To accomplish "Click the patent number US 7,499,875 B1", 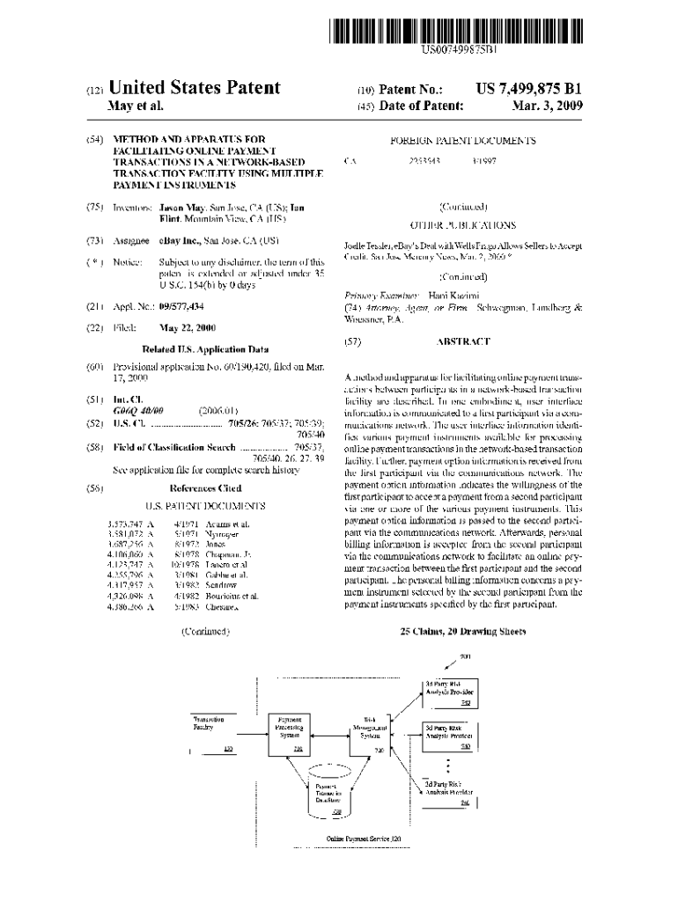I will (529, 89).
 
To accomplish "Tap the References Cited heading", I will (204, 487).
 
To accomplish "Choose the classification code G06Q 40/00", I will (138, 410).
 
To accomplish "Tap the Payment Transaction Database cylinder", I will (330, 792).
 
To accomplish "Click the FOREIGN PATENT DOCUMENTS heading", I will (463, 141).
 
